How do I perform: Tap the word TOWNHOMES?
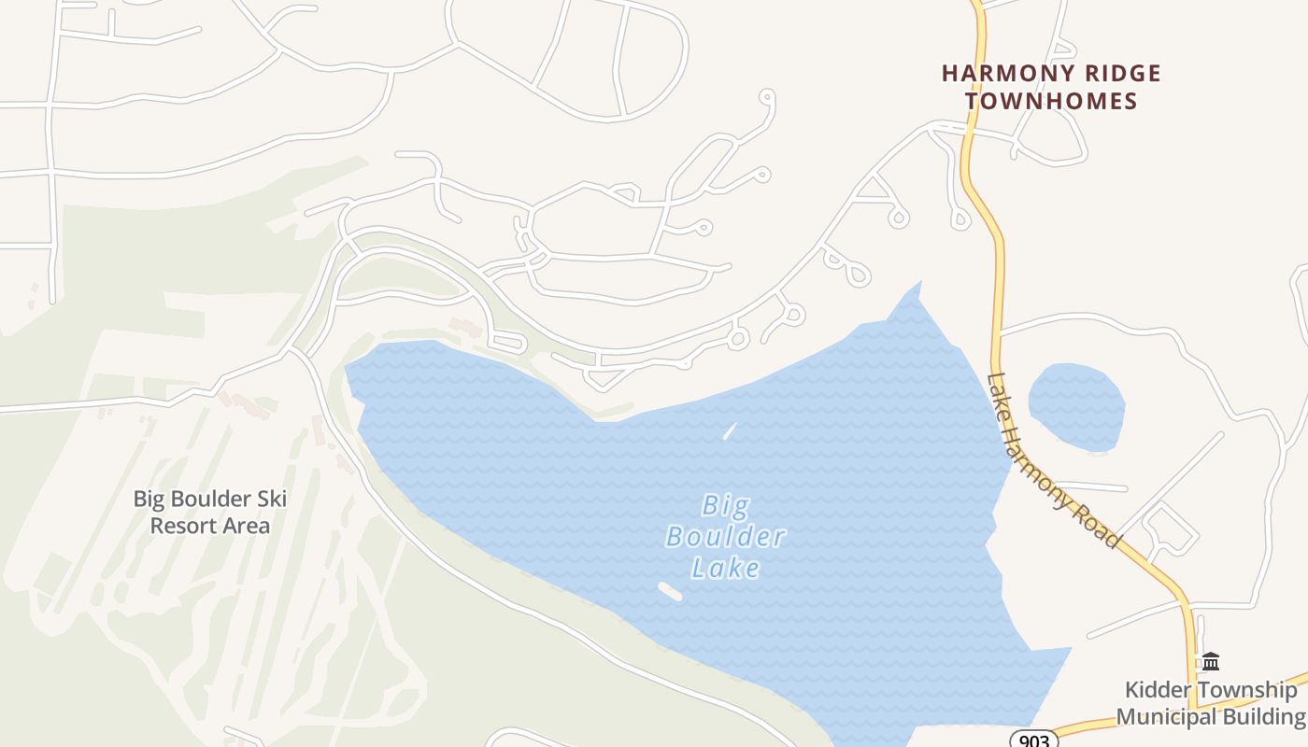pyautogui.click(x=1051, y=101)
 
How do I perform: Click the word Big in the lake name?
pyautogui.click(x=725, y=506)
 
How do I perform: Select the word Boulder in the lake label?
pyautogui.click(x=726, y=537)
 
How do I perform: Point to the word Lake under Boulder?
pyautogui.click(x=725, y=567)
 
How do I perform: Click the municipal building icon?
pyautogui.click(x=1211, y=661)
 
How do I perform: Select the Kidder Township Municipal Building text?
pyautogui.click(x=1211, y=703)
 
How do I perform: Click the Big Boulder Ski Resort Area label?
pyautogui.click(x=209, y=512)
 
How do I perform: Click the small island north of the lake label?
pyautogui.click(x=729, y=431)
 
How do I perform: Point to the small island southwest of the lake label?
pyautogui.click(x=670, y=591)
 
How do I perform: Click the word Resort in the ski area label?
pyautogui.click(x=183, y=526)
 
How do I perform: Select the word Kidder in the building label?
pyautogui.click(x=1156, y=690)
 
